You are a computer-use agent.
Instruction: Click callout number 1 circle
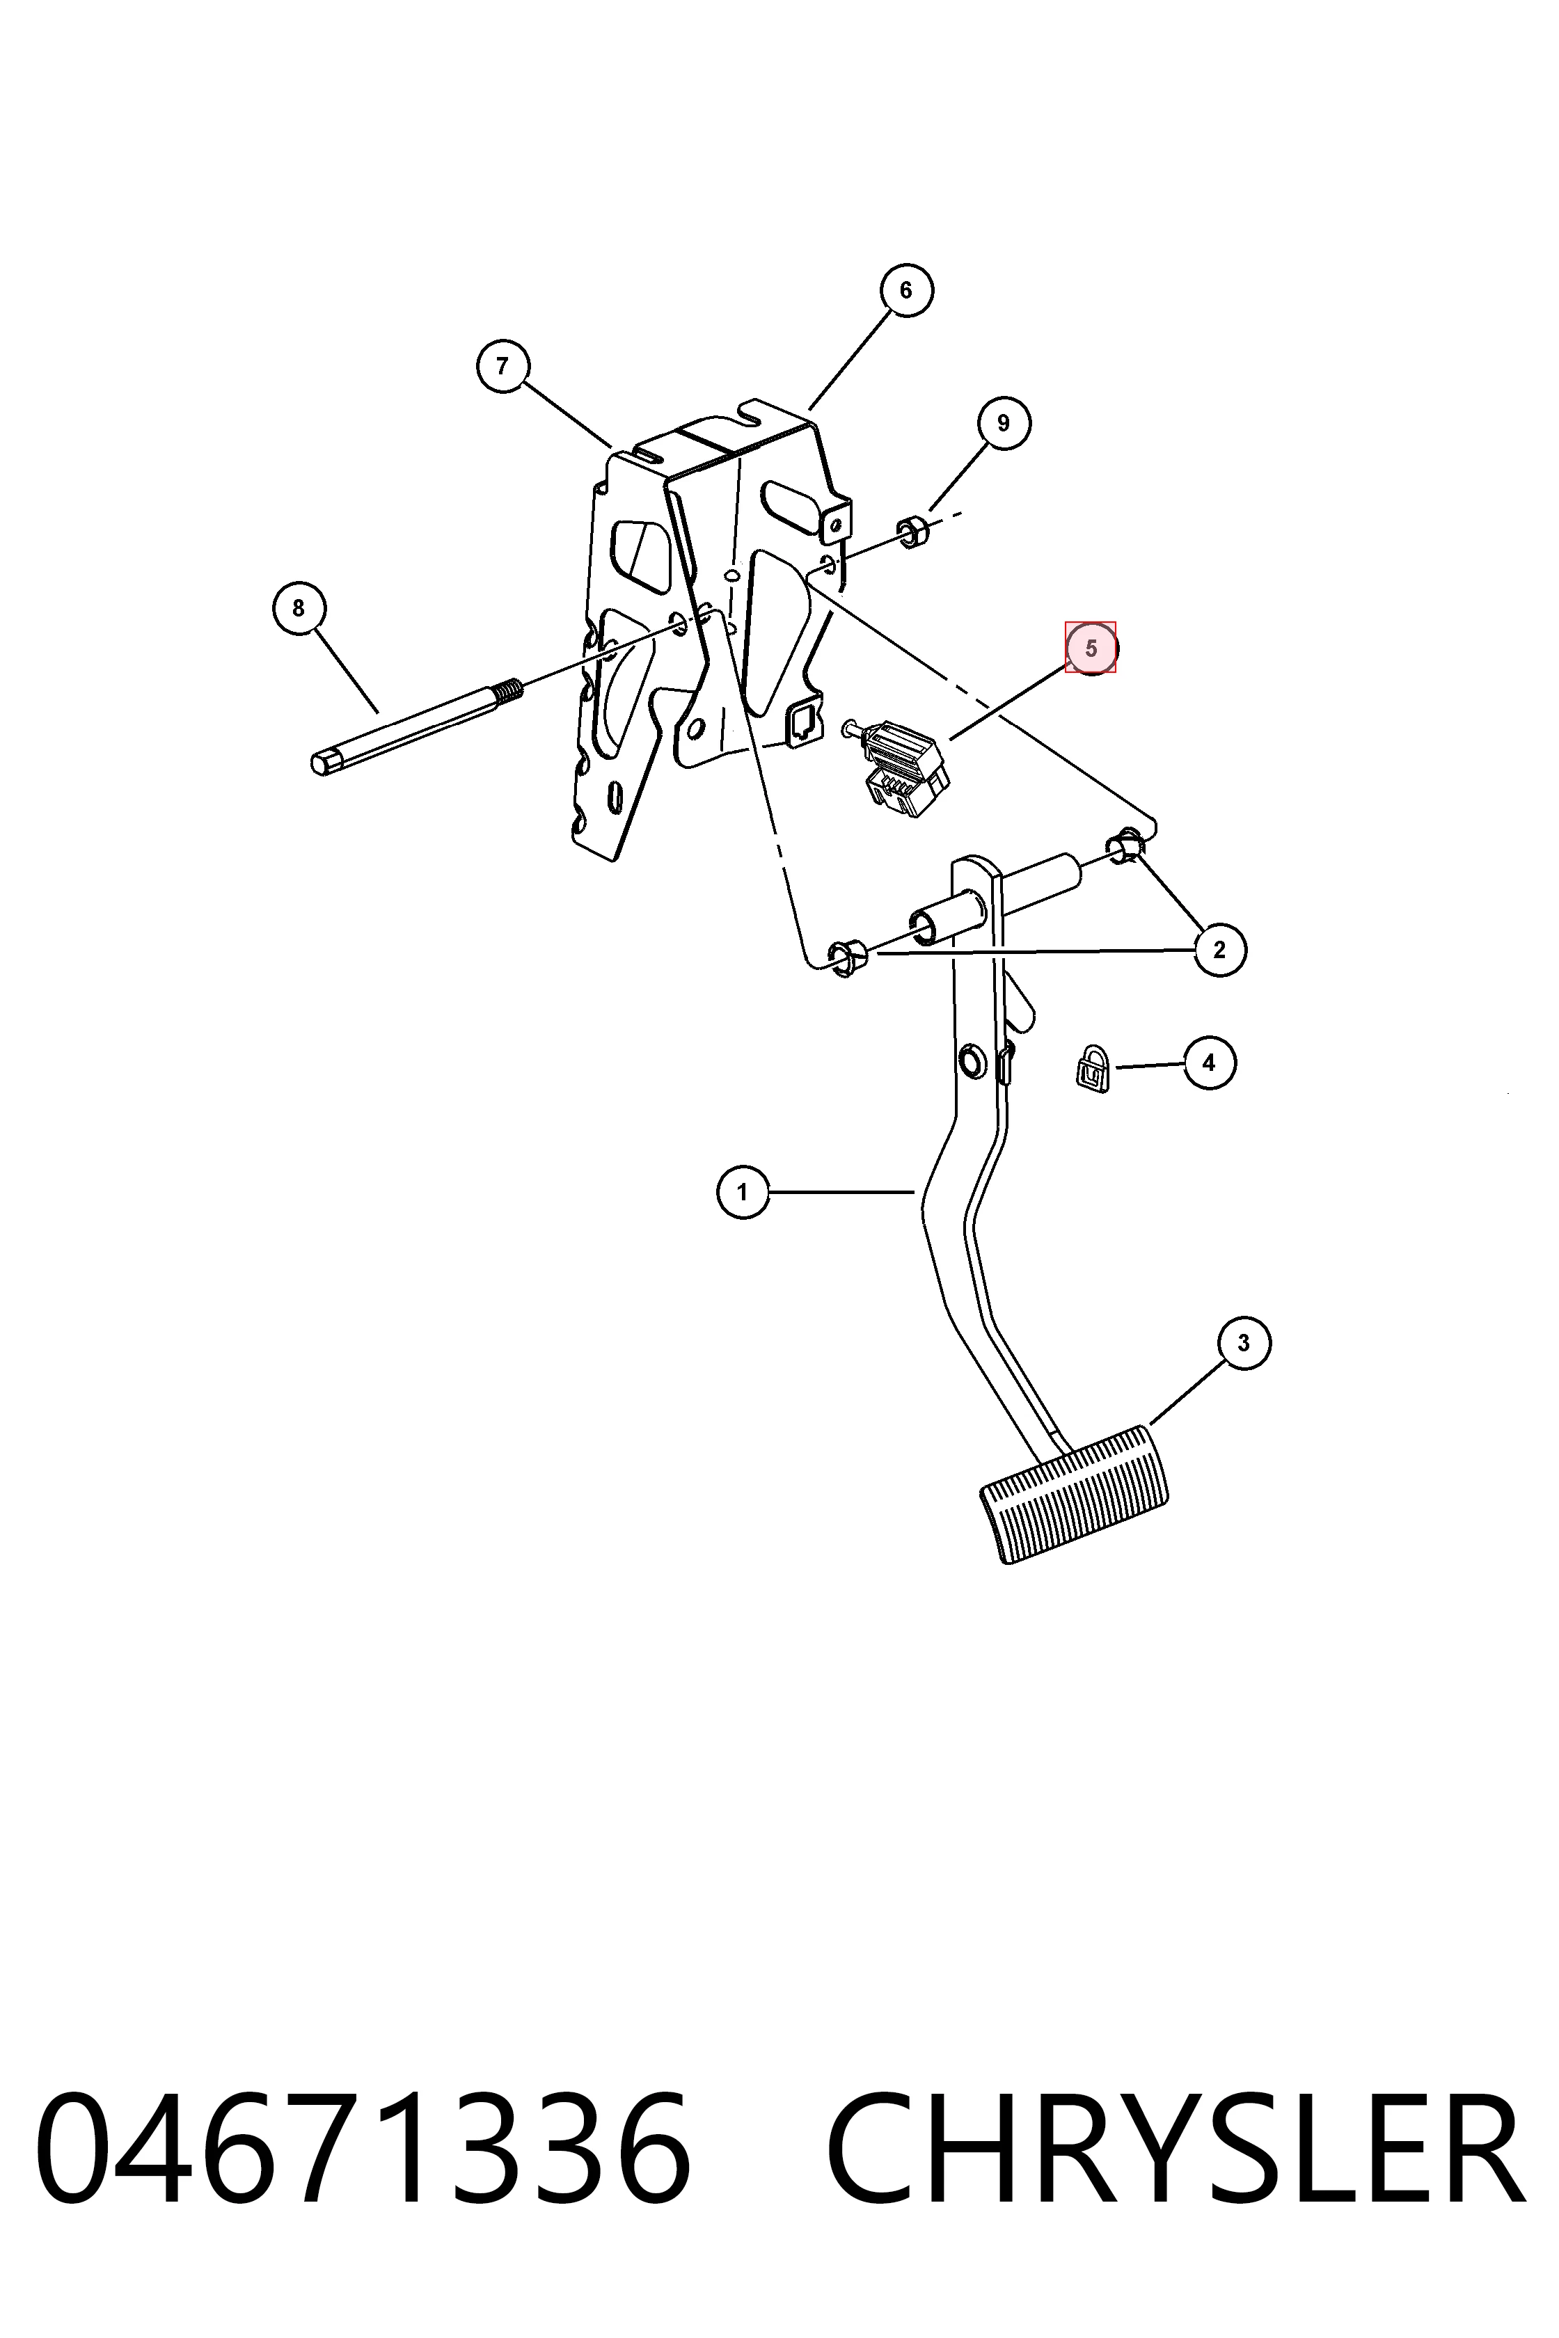point(743,1191)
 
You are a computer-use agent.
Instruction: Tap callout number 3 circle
point(1244,1343)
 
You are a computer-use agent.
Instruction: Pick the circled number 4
point(1209,1063)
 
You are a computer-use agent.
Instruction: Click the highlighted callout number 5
point(1091,648)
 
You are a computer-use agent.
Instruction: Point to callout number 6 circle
point(905,290)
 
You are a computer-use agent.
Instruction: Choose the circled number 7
point(503,366)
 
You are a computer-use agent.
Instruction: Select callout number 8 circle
point(299,607)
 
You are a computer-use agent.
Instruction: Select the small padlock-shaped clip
point(1093,1069)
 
